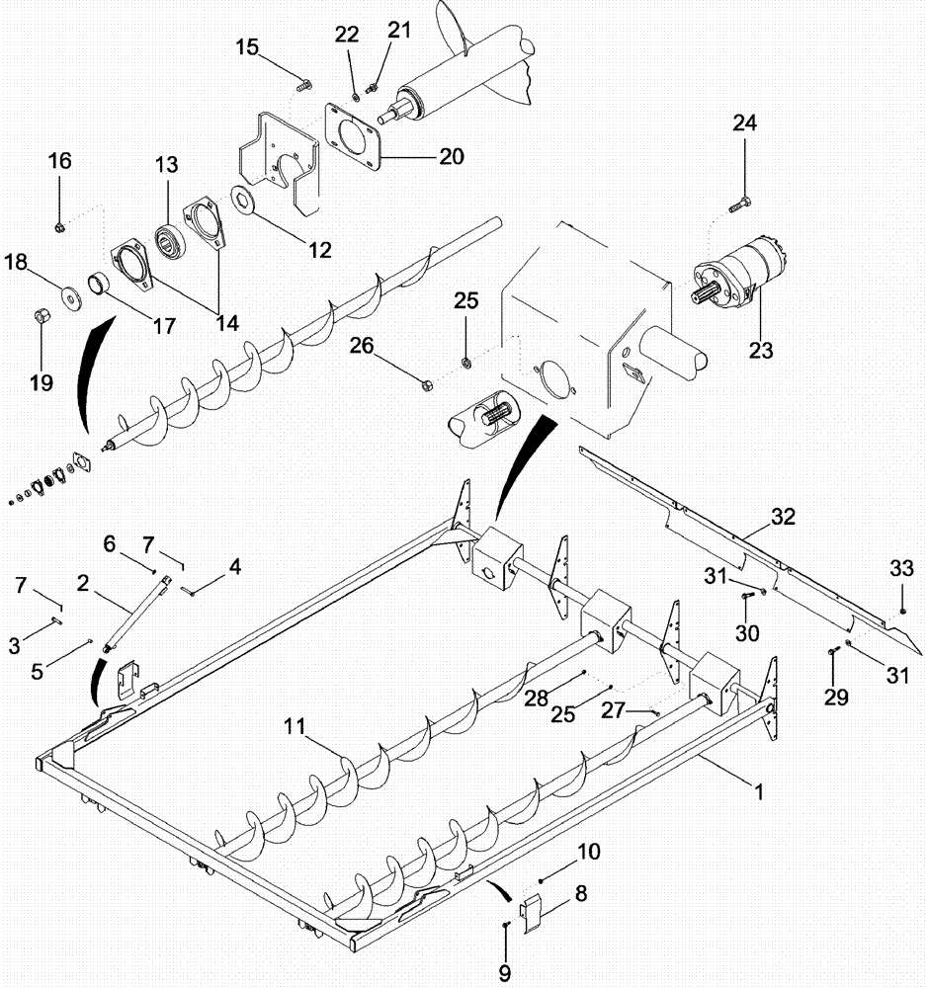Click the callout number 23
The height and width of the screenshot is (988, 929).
click(x=761, y=349)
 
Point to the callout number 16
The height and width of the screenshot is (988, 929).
click(x=60, y=161)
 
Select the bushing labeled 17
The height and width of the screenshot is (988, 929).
click(x=101, y=286)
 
